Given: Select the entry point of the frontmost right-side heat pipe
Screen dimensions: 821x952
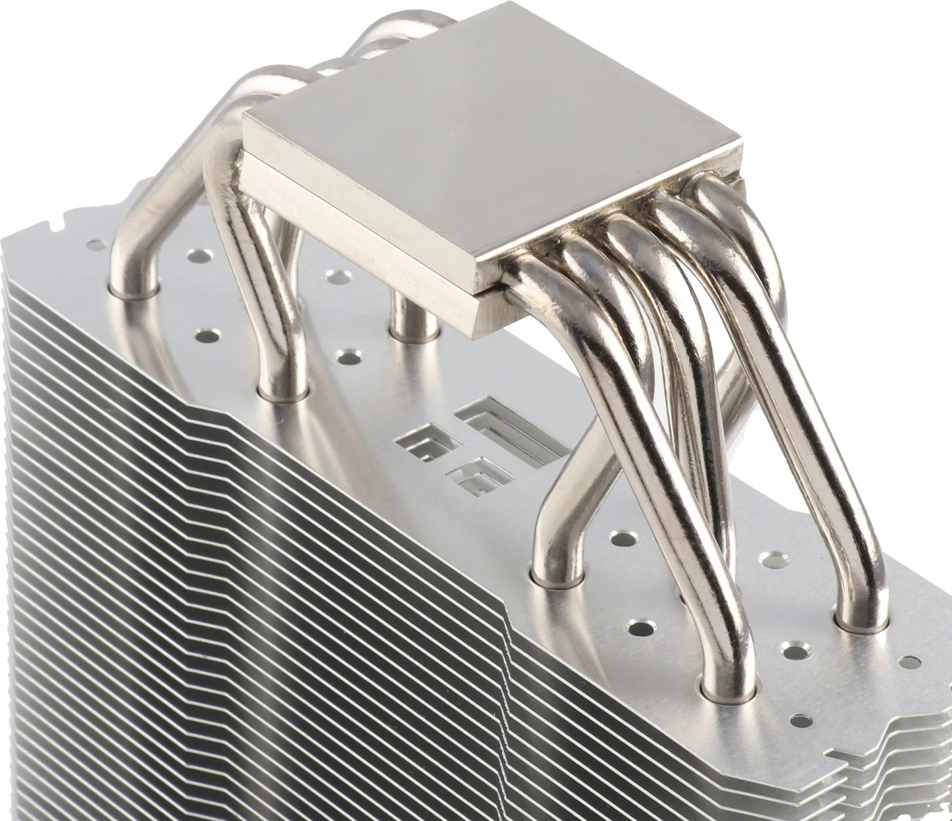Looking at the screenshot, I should (x=729, y=689).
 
